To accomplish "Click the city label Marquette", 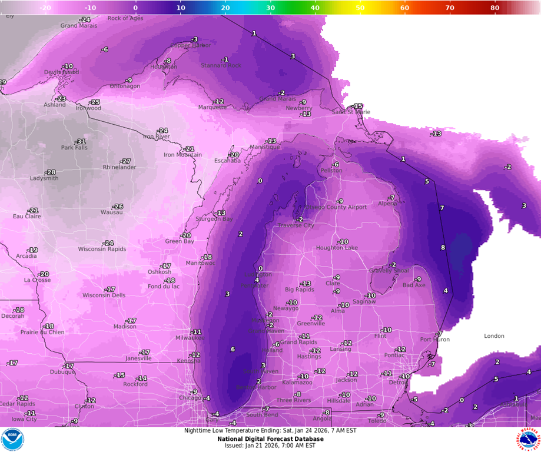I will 212,107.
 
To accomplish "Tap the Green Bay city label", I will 179,241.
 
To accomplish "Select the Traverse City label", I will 296,225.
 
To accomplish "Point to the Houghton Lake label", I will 336,248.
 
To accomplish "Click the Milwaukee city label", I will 190,338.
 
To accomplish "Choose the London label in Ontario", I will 494,336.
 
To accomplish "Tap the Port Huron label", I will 434,340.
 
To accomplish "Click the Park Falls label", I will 74,148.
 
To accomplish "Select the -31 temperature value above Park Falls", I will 80,141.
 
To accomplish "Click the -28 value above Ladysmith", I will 51,172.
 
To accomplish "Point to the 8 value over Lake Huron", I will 443,247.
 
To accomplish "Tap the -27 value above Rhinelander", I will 125,161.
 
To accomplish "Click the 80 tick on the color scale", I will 494,8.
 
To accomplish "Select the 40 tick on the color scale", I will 315,8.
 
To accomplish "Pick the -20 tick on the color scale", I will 45,8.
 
